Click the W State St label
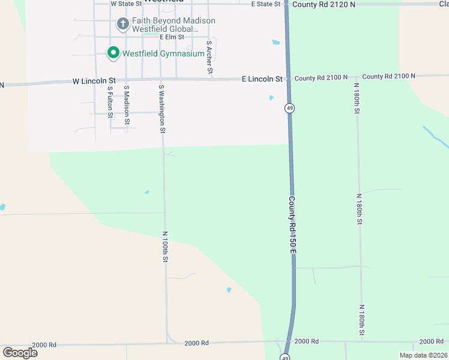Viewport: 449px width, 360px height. pyautogui.click(x=129, y=4)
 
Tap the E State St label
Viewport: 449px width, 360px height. pyautogui.click(x=265, y=4)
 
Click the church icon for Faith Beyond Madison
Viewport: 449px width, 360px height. pyautogui.click(x=122, y=24)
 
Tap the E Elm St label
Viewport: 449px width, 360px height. pyautogui.click(x=171, y=37)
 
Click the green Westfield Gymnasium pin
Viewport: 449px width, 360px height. pyautogui.click(x=113, y=53)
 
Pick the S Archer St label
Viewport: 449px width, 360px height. pyautogui.click(x=209, y=58)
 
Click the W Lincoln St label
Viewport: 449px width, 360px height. pyautogui.click(x=94, y=80)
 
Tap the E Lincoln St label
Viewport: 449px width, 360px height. pyautogui.click(x=262, y=79)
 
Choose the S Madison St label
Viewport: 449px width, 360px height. pyautogui.click(x=127, y=104)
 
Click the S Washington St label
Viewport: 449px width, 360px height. pyautogui.click(x=162, y=108)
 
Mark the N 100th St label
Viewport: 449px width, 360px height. pyautogui.click(x=166, y=246)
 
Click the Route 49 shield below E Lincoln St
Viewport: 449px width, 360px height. pyautogui.click(x=290, y=108)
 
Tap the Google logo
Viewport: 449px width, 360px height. pyautogui.click(x=20, y=353)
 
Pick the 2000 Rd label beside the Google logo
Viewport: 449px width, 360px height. pyautogui.click(x=44, y=345)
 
